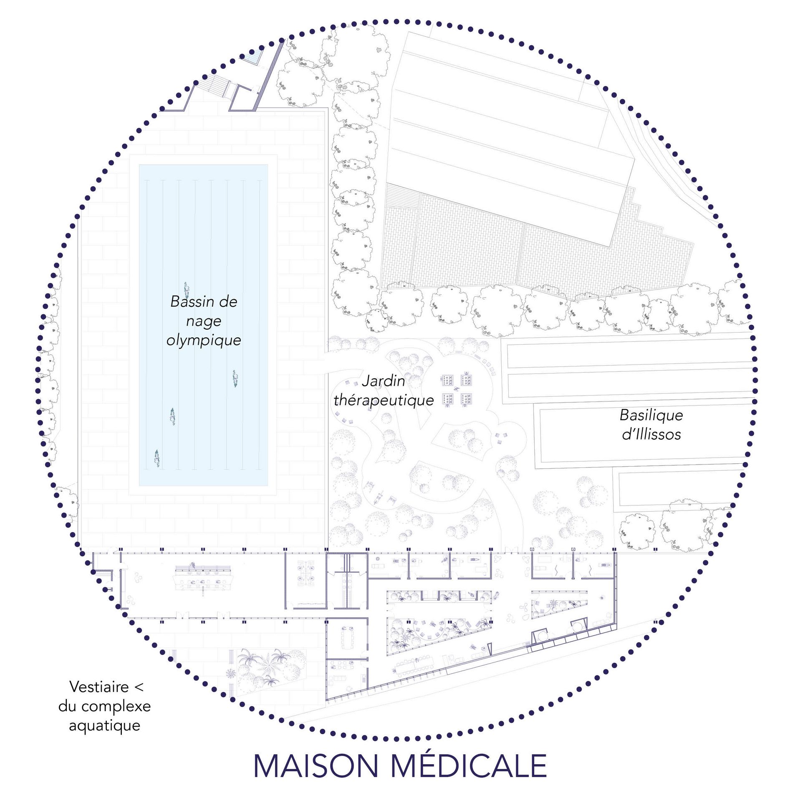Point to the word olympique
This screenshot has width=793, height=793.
204,341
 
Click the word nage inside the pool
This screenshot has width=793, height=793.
204,321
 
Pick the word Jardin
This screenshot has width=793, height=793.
383,381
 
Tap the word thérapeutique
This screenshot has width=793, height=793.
384,400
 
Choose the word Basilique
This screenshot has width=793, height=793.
651,415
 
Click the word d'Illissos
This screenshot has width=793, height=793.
651,434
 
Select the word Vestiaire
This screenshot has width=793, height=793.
99,687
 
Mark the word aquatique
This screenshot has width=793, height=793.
104,725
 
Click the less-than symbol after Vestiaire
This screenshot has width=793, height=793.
139,687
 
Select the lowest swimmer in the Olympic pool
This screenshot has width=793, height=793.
157,458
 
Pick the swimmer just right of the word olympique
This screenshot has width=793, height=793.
235,379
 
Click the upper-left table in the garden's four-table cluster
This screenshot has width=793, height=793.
447,380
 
